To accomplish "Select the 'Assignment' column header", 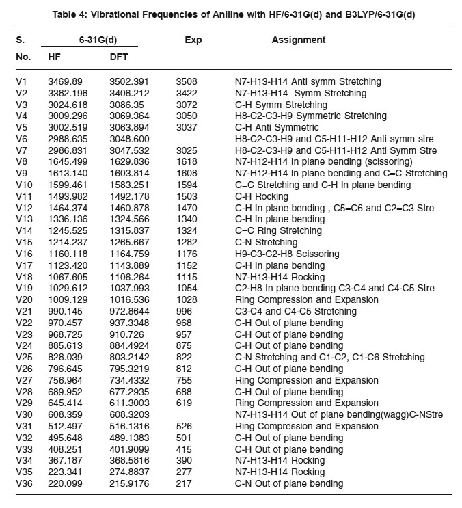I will click(299, 40).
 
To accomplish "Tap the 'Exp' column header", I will click(193, 40).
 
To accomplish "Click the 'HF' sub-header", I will click(55, 57).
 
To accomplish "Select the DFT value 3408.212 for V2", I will click(131, 93).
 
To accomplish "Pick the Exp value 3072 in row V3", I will click(187, 105).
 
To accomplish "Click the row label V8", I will click(23, 162).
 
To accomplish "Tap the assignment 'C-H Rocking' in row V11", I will click(262, 196).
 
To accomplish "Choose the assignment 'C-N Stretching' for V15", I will click(267, 243).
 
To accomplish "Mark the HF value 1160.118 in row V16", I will click(68, 254).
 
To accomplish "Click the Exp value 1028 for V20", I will click(187, 299).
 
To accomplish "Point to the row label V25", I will click(25, 358).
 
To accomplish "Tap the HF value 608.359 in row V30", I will click(65, 415).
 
